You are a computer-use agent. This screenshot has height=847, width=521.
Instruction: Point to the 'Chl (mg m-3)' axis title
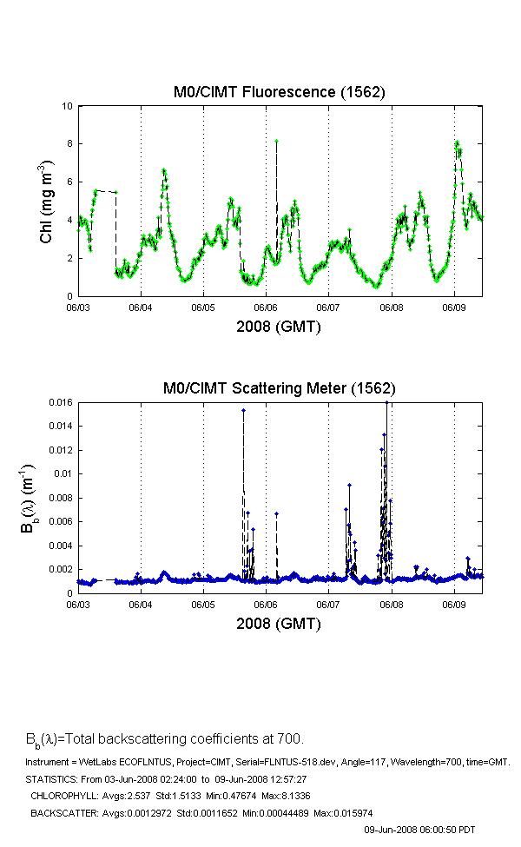(x=49, y=201)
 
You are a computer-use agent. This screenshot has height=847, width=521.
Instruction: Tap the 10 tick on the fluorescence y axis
(x=68, y=106)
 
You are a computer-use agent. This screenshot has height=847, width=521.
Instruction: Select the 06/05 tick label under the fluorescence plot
(x=203, y=307)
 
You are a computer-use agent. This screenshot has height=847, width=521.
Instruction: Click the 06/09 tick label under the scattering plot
(x=454, y=604)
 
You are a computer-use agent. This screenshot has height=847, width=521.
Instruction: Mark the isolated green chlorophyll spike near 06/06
(x=276, y=141)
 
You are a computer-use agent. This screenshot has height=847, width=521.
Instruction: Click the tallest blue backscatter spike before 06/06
(x=243, y=410)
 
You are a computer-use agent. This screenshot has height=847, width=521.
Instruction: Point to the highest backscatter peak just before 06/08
(x=386, y=403)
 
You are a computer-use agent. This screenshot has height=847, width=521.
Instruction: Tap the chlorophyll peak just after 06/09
(x=457, y=142)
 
